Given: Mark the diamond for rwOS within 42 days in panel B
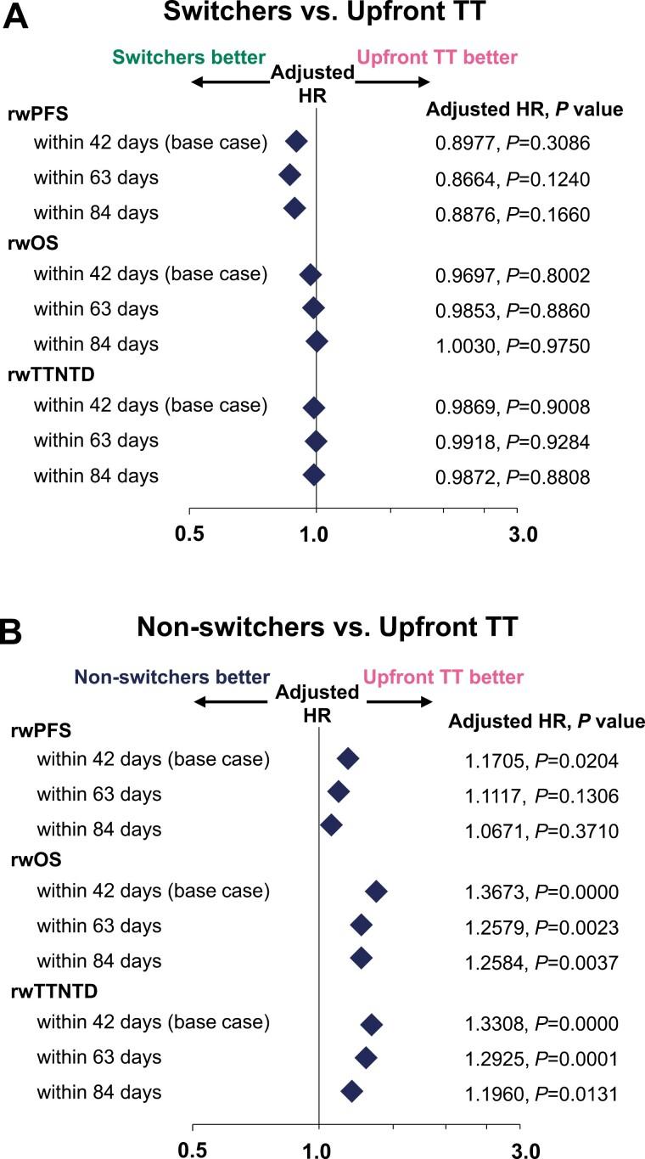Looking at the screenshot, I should (x=376, y=892).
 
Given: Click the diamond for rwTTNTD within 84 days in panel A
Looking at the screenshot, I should (x=314, y=475).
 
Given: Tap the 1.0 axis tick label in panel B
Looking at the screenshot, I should (x=318, y=1150).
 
